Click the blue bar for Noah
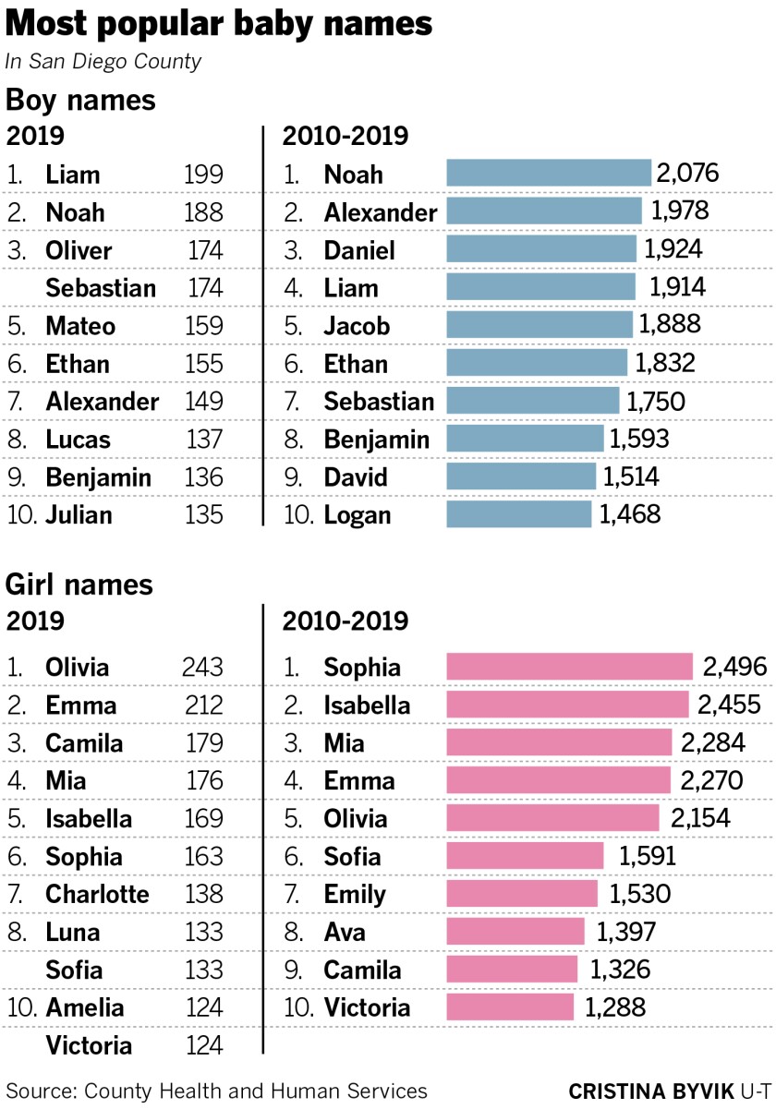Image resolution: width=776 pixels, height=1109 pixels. coord(549,174)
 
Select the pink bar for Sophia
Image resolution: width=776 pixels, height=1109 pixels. coord(569,668)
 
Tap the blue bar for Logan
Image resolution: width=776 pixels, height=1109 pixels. coord(518,514)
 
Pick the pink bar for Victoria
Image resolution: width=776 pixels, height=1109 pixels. coord(510,1007)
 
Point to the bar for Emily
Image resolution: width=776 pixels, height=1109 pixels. coord(522,894)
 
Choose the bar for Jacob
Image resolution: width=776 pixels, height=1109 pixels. coord(540,325)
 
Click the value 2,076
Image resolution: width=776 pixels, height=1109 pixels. coord(687,174)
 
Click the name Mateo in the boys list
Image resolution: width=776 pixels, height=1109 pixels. coord(80,326)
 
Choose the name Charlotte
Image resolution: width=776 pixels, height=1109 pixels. coord(97,895)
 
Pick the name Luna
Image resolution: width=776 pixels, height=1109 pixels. coord(73,933)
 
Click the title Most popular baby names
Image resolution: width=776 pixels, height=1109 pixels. coord(219,25)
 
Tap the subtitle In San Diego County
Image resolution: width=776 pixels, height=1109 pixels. coord(103,62)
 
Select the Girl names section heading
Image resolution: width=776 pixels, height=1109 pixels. coord(79,585)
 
